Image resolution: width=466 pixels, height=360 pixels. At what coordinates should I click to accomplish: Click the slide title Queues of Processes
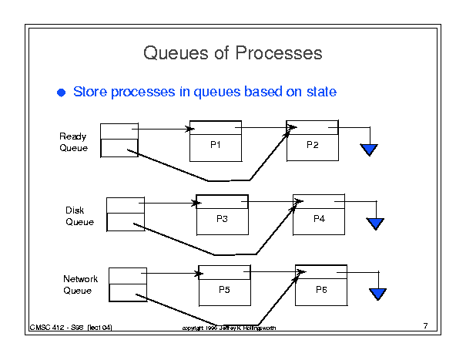coord(233,53)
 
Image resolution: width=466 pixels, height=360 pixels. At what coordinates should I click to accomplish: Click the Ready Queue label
coord(73,142)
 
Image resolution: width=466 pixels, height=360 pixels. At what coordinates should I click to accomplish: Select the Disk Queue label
coord(79,216)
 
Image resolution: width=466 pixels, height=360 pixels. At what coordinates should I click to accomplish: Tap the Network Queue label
coord(77,284)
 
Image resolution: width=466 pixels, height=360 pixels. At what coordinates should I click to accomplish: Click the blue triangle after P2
coord(370,150)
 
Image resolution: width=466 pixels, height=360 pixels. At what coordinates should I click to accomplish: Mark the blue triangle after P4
coord(375,224)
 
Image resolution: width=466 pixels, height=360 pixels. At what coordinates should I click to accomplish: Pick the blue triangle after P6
coord(377,294)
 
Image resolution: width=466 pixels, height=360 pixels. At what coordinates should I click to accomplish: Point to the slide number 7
coord(425,326)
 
